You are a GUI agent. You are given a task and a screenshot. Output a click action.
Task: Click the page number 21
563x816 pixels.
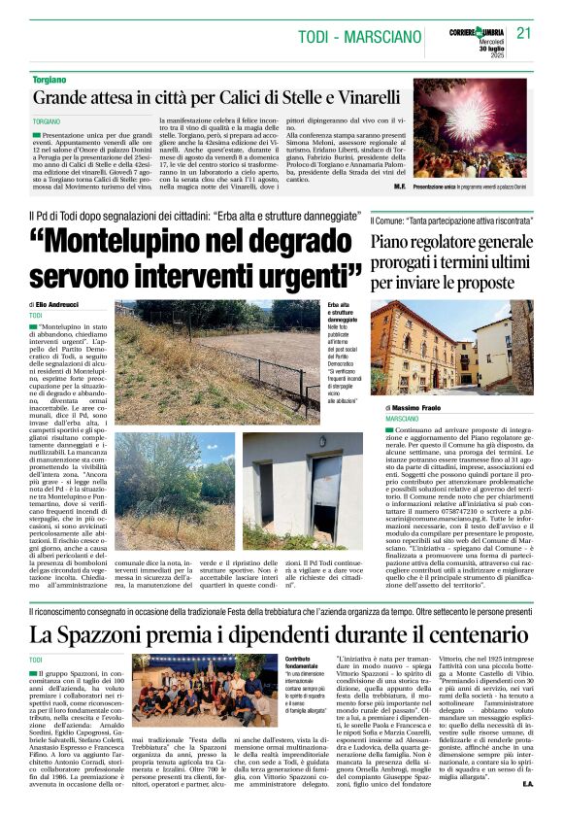coord(524,33)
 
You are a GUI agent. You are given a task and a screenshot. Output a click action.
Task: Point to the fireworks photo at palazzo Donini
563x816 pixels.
coord(472,132)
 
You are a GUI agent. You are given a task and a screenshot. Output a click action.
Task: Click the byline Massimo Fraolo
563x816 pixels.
coord(419,407)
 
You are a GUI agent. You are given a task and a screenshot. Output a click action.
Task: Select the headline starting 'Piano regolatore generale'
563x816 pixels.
coord(451,238)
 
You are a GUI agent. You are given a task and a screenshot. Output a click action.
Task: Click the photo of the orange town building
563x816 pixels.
coord(451,348)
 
